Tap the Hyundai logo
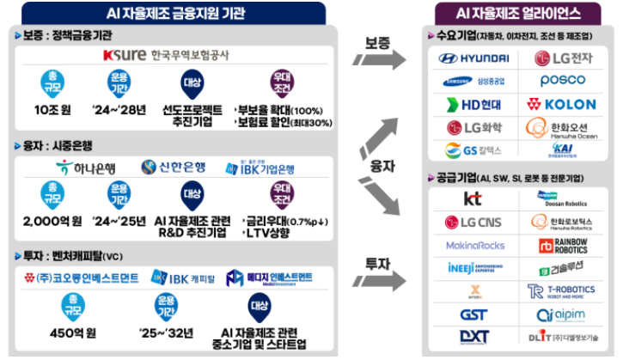click(473, 58)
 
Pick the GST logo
click(473, 314)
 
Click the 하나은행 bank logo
click(84, 167)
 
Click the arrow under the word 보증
click(379, 60)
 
